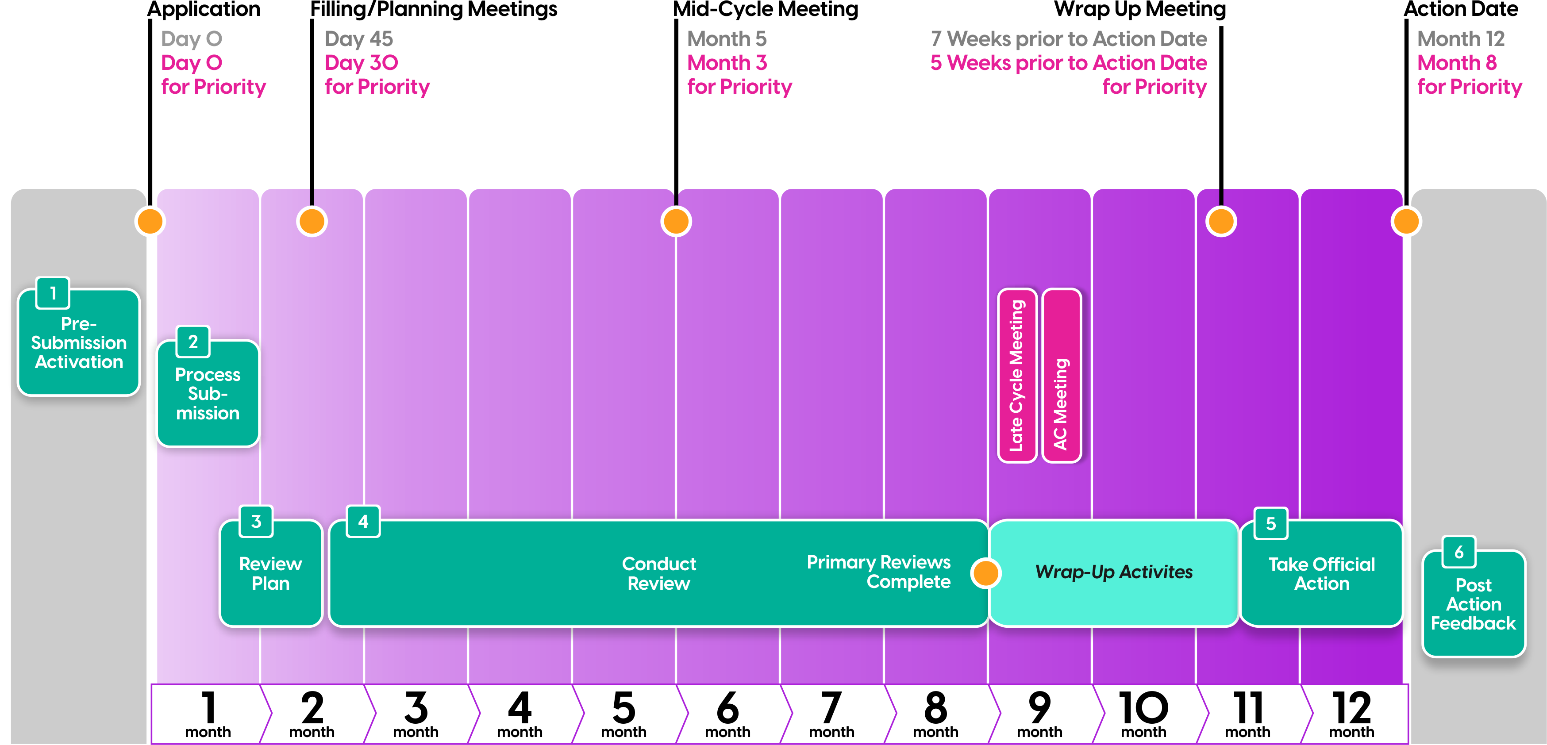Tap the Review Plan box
270,573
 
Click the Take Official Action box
1321,574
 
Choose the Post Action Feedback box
1473,604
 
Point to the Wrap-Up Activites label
1114,572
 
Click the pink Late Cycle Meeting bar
1017,376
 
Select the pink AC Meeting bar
1061,376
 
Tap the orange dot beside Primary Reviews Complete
985,573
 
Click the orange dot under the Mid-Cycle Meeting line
676,222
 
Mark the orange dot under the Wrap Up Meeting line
1221,222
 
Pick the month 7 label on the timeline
831,714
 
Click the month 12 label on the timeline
1351,714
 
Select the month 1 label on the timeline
208,714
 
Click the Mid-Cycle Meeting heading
766,10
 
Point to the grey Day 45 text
358,39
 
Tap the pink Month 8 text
1457,62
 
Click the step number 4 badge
363,521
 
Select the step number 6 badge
1458,552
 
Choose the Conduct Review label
659,573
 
